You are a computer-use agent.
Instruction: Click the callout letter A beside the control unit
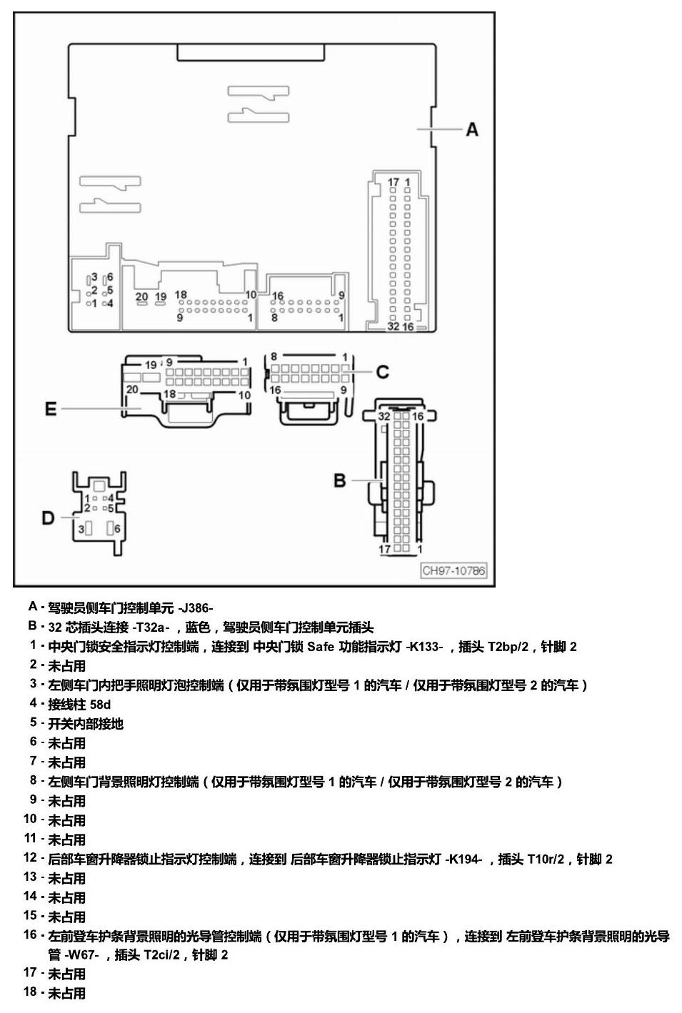[472, 129]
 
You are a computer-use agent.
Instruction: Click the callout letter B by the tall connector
[340, 480]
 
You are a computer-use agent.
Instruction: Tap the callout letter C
[383, 372]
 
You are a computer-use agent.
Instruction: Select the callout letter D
[48, 518]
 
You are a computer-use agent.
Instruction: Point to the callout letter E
[51, 409]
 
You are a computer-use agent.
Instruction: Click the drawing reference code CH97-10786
[453, 570]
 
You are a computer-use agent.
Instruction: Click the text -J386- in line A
[196, 608]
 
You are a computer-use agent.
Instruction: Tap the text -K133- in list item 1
[424, 647]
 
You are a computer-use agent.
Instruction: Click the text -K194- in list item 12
[463, 860]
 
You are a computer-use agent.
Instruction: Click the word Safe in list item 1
[321, 647]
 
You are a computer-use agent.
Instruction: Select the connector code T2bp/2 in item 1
[508, 647]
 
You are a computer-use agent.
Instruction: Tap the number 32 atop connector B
[384, 416]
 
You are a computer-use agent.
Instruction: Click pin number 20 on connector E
[132, 389]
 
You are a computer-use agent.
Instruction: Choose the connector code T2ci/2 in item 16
[161, 956]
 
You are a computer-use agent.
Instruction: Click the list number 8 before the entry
[34, 780]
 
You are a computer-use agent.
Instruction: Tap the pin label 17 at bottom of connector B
[384, 549]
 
